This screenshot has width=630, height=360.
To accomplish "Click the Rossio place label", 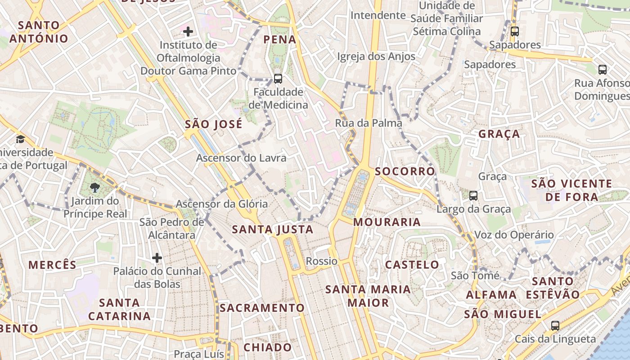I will [321, 261].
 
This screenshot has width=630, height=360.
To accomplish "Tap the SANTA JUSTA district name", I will [272, 229].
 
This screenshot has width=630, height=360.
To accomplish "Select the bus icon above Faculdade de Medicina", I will [278, 79].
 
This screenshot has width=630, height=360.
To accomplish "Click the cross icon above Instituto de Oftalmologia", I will [188, 31].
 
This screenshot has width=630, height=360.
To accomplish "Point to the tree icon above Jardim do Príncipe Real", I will [94, 187].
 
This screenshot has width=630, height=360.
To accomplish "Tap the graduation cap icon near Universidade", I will [20, 139].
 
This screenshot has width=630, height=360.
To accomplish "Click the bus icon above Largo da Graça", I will [473, 196].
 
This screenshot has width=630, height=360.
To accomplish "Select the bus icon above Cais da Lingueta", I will [555, 326].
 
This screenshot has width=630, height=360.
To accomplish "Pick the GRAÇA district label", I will [499, 134].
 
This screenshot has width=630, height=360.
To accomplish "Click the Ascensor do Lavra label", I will [241, 158].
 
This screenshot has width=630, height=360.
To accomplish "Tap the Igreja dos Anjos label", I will [376, 57].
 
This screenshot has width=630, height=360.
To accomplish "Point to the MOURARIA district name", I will [387, 222].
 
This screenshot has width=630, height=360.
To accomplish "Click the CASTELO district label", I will [412, 265].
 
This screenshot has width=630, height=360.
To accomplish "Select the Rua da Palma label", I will [369, 123].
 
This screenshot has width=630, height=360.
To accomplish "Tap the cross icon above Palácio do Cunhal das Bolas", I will [157, 258].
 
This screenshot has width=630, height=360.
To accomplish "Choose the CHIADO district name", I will [267, 347].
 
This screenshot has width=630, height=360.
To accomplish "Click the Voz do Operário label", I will [514, 235].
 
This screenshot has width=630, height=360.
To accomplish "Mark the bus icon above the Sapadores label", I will [515, 31].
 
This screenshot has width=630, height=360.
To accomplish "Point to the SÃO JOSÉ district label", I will [213, 124].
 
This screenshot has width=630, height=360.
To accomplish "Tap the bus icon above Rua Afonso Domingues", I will [603, 70].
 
